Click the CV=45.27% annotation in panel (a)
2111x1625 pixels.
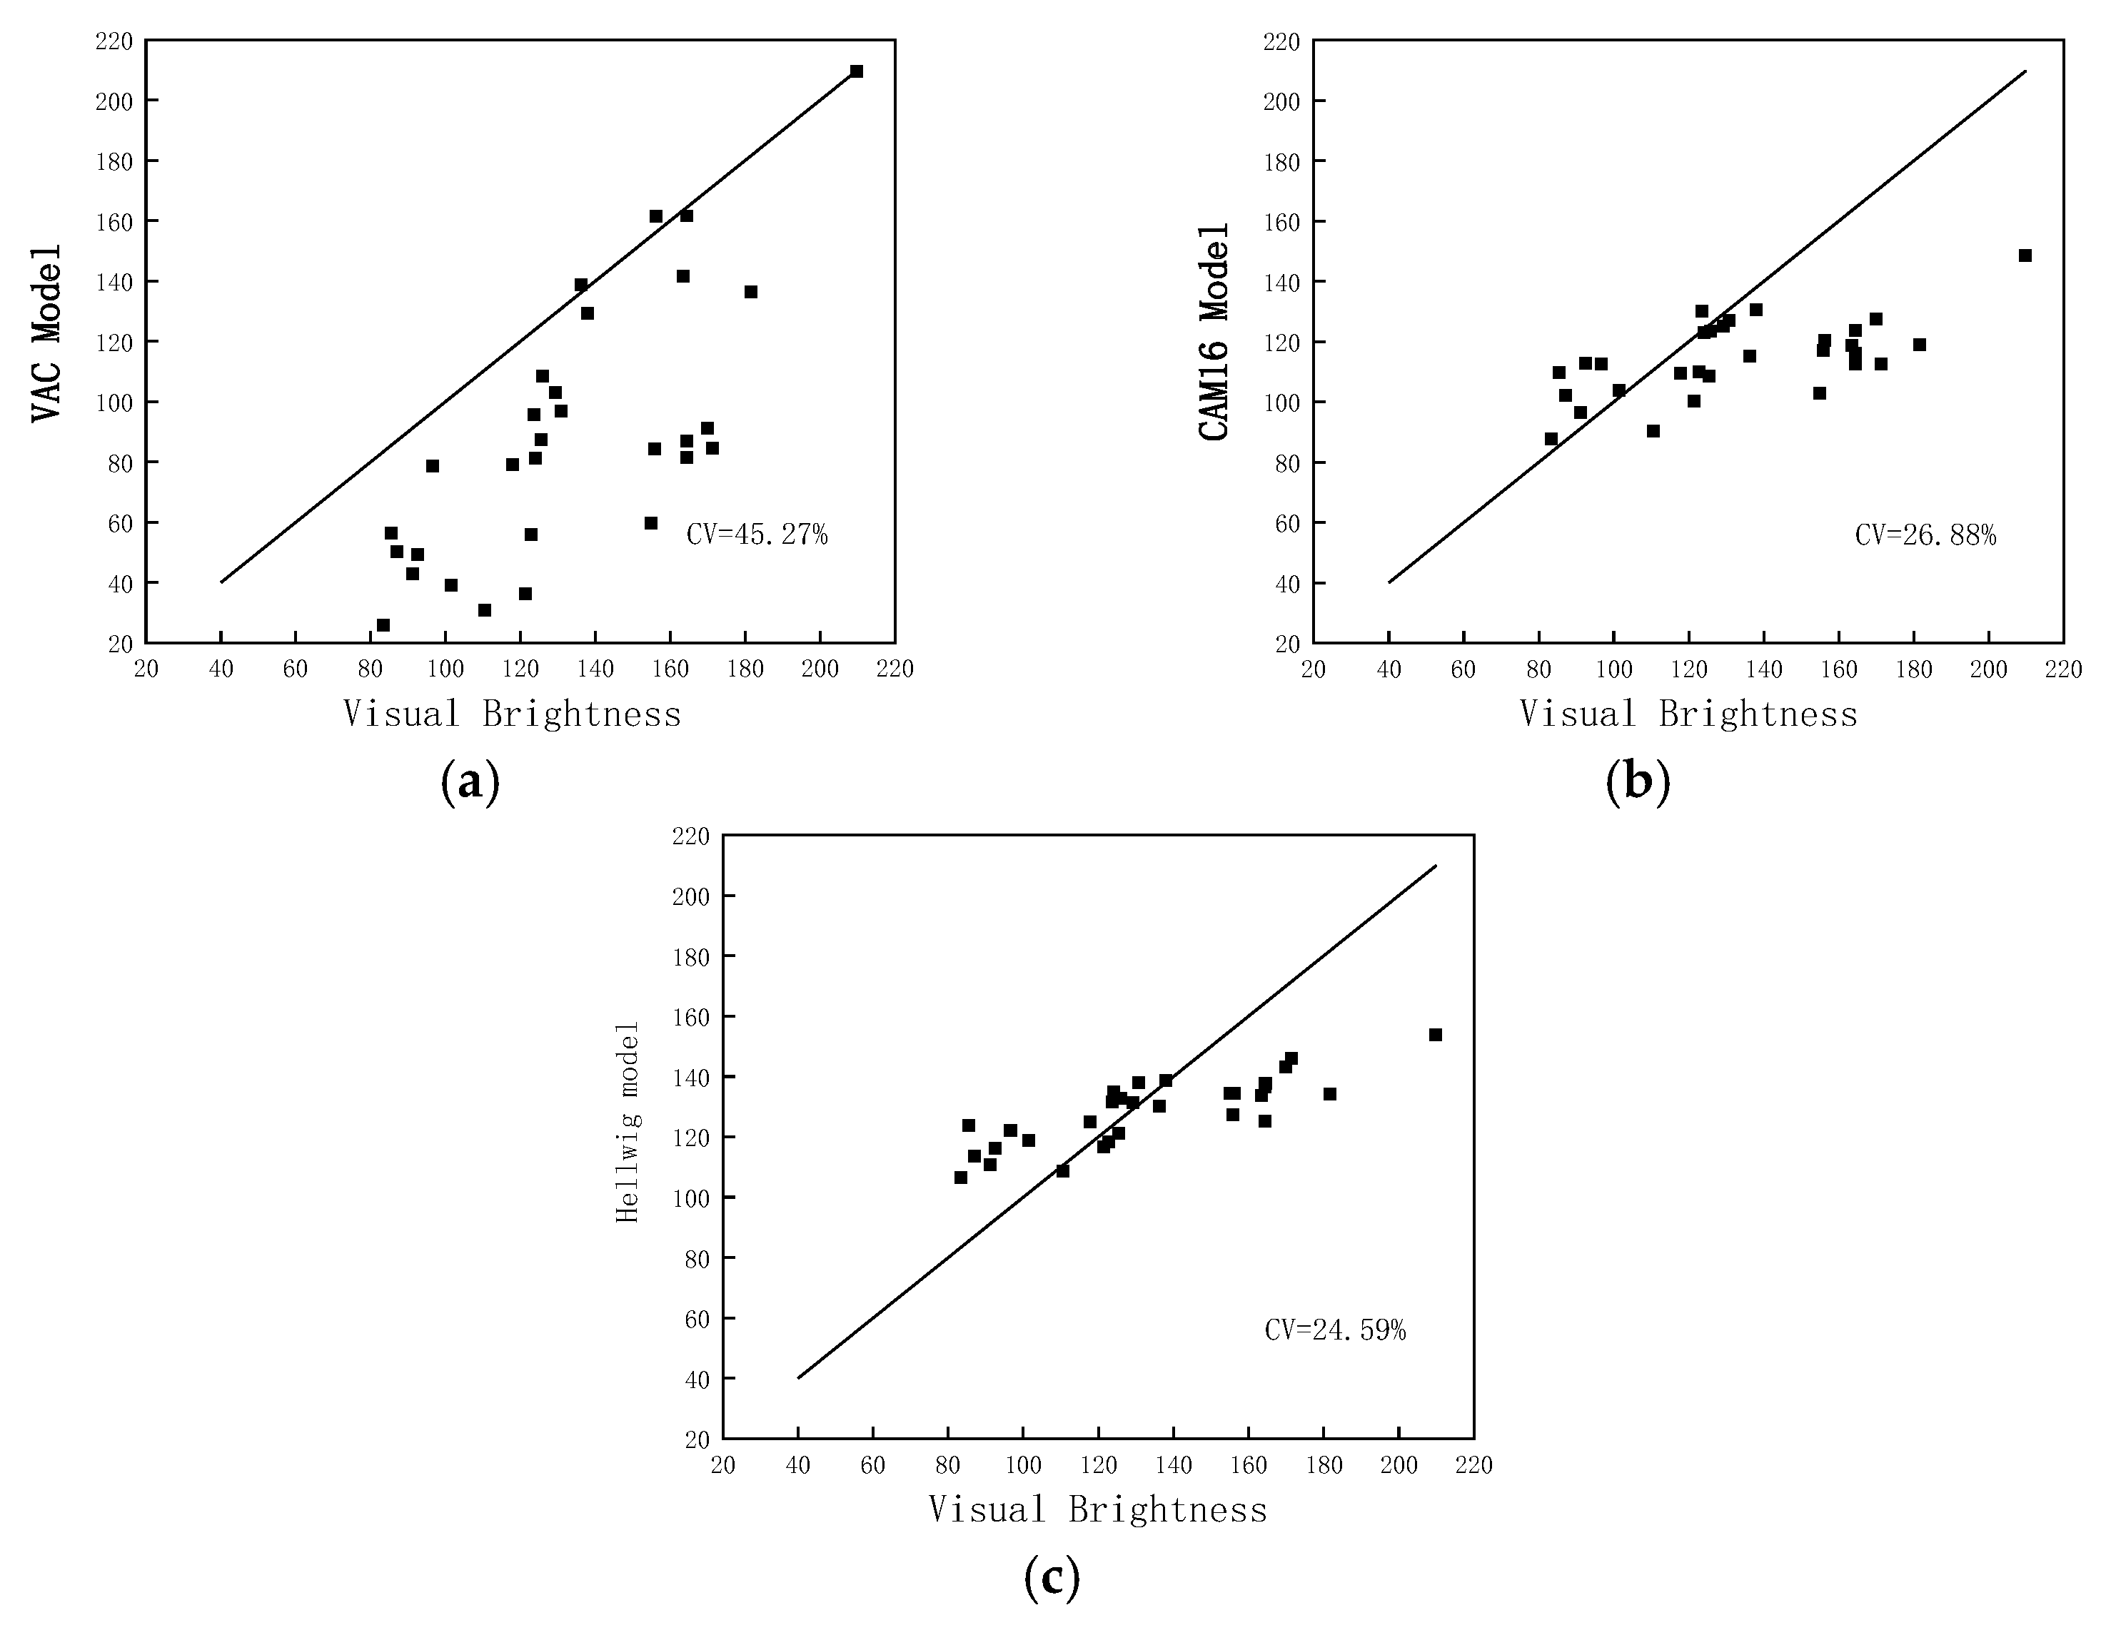click(757, 535)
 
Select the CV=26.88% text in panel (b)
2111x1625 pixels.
click(1925, 535)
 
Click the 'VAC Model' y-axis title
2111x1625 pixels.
click(46, 333)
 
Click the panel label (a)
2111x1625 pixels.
click(470, 783)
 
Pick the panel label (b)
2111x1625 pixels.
click(1638, 783)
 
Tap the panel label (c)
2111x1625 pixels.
click(1052, 1579)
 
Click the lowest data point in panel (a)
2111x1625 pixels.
click(383, 625)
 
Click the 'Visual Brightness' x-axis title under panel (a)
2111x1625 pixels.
click(513, 714)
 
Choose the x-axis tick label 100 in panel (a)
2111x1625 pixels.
click(445, 669)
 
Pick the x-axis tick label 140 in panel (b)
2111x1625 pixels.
click(1763, 669)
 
